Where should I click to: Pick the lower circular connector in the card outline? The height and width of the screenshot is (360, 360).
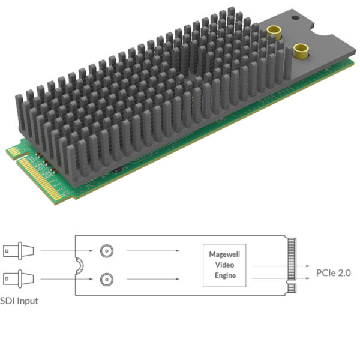pyautogui.click(x=106, y=278)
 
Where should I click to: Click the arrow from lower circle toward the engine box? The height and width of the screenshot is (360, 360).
pyautogui.click(x=153, y=278)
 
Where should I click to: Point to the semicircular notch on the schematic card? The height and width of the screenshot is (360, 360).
pyautogui.click(x=79, y=265)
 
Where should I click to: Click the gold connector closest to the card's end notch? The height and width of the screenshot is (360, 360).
pyautogui.click(x=301, y=52)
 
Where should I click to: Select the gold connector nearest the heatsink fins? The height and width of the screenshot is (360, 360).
pyautogui.click(x=275, y=32)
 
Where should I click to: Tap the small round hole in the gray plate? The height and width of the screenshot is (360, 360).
pyautogui.click(x=295, y=18)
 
